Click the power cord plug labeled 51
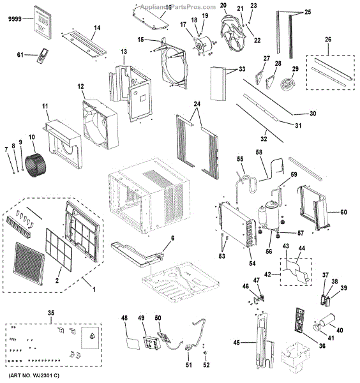[190, 348]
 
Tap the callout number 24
[197, 104]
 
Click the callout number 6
[172, 237]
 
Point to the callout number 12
[81, 86]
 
